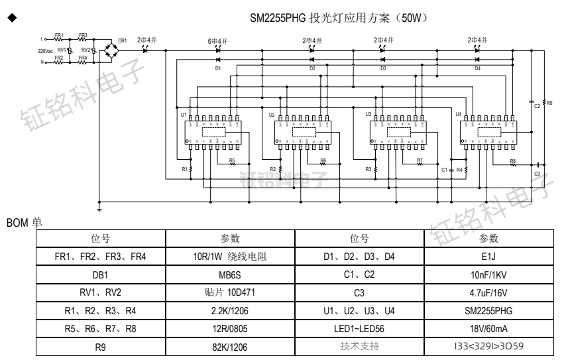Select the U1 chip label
(x=183, y=115)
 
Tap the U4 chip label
(x=459, y=115)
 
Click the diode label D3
(x=383, y=68)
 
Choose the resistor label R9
(x=548, y=103)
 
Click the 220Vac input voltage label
(x=45, y=51)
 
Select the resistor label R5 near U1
(x=232, y=160)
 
